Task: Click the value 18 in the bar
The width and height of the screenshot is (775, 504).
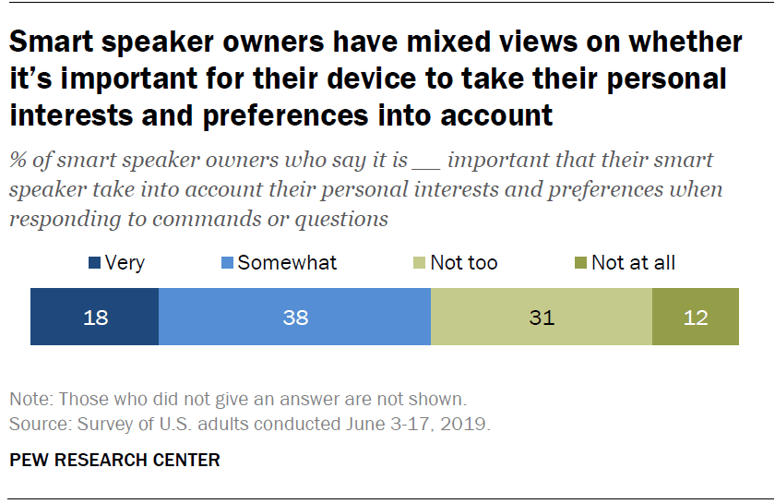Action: (x=95, y=318)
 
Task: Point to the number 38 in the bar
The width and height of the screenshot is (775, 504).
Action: (x=295, y=318)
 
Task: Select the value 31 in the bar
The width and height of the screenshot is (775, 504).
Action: (x=542, y=318)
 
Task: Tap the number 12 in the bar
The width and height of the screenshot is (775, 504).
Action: (x=696, y=318)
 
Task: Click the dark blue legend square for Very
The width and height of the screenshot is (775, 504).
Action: (x=95, y=263)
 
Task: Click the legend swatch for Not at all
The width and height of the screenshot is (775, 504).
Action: (x=581, y=263)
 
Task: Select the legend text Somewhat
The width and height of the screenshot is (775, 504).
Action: (x=287, y=263)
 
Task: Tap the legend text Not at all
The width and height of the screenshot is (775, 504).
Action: (x=633, y=263)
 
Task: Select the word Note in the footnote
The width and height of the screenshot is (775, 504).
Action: (x=27, y=400)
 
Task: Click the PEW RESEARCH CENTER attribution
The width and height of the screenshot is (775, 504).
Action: (x=114, y=460)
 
